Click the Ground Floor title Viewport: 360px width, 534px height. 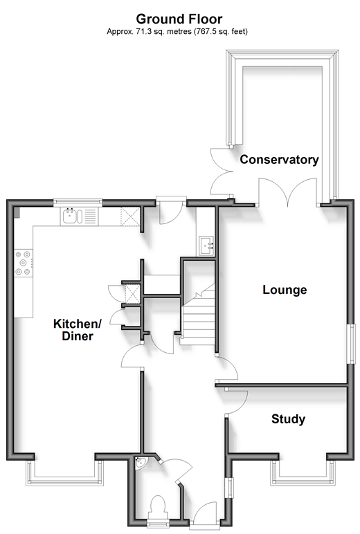click(x=179, y=19)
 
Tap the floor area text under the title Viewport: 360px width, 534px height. click(x=177, y=32)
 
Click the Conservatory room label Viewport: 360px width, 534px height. click(x=279, y=159)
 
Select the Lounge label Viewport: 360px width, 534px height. click(x=285, y=290)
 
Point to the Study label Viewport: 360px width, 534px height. click(x=288, y=419)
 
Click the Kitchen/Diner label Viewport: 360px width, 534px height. click(x=78, y=330)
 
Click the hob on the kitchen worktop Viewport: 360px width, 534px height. click(x=24, y=263)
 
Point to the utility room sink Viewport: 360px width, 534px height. click(x=206, y=246)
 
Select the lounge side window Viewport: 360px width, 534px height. click(x=351, y=344)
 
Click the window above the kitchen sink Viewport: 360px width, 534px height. click(x=78, y=203)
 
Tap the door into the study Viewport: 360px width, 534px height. click(x=236, y=402)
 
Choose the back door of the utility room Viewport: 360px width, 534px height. click(x=171, y=212)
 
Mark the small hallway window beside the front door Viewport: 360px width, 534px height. click(x=231, y=488)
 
